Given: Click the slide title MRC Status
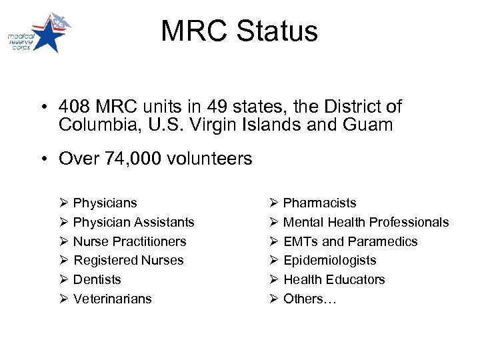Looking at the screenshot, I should point(239,31).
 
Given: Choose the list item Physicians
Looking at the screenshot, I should point(105,203).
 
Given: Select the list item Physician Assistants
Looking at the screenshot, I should point(133,222).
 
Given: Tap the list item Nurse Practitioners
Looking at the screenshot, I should point(129,241).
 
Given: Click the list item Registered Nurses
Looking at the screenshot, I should point(128,260).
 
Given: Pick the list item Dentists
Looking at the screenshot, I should point(97,279).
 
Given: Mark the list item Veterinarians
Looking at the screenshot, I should point(112,299).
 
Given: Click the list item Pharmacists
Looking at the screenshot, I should point(319,203).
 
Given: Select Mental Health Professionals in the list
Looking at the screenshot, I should point(366,222).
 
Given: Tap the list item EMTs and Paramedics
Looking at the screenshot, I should point(350,241).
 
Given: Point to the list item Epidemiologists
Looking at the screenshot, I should point(329,260).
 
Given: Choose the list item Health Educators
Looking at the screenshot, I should point(334,279).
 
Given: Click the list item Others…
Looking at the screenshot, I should point(310,299).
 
